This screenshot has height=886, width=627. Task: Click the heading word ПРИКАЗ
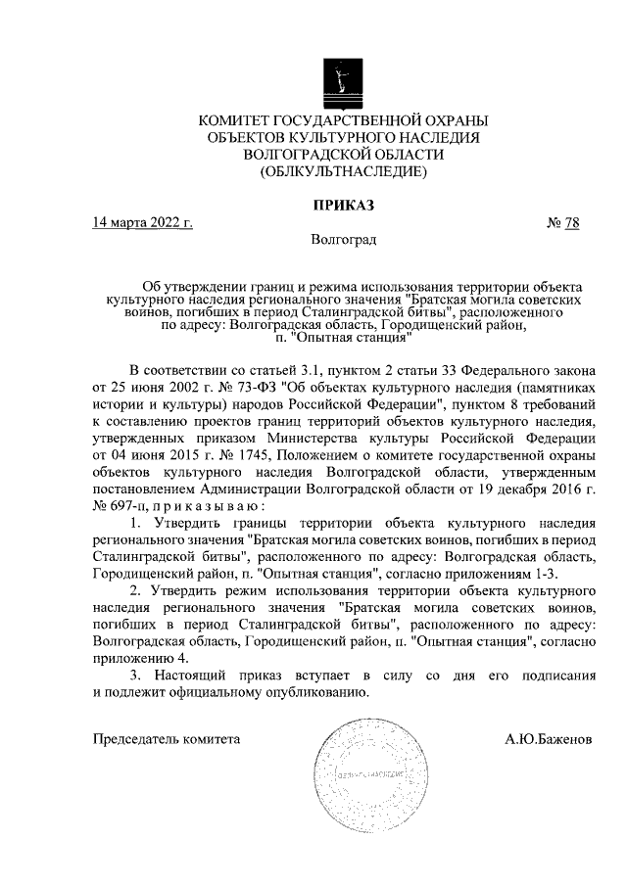(x=343, y=205)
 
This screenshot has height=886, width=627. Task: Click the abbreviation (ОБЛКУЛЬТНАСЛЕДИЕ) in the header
(x=343, y=172)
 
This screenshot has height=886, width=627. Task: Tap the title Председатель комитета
(x=166, y=740)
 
